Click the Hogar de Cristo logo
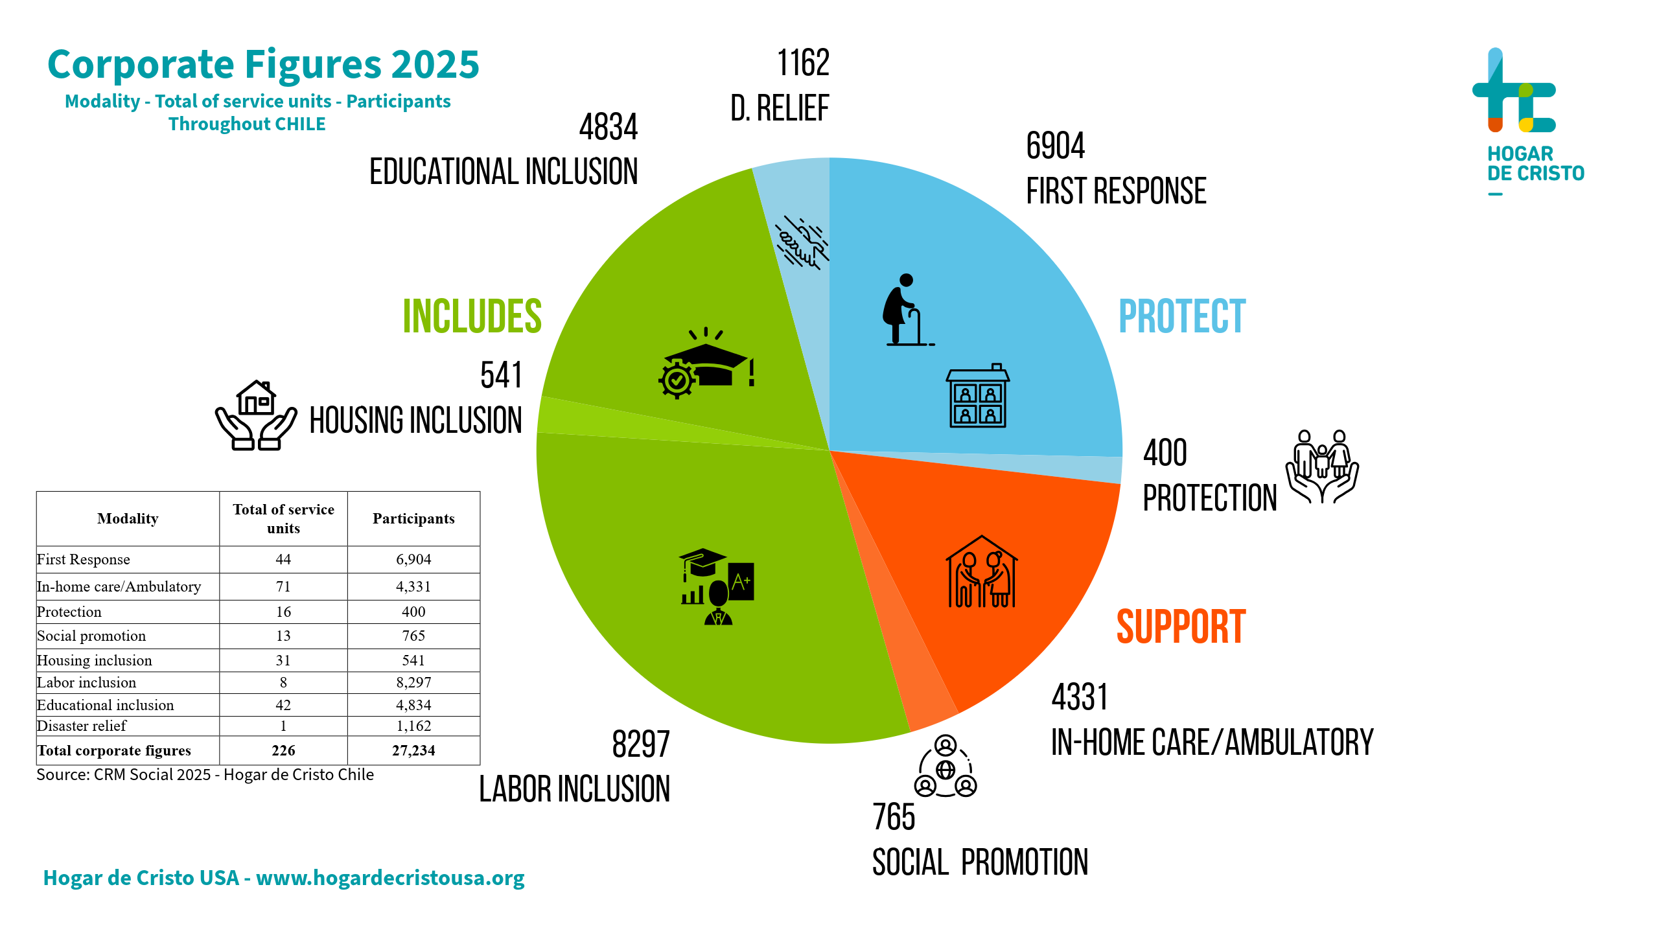pyautogui.click(x=1523, y=120)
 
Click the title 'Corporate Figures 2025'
pyautogui.click(x=263, y=65)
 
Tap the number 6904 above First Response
pyautogui.click(x=1055, y=146)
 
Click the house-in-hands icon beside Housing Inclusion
pyautogui.click(x=256, y=415)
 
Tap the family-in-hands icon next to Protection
pyautogui.click(x=1322, y=466)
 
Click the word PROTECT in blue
pyautogui.click(x=1182, y=317)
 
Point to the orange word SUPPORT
pyautogui.click(x=1181, y=627)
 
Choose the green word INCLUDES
pyautogui.click(x=472, y=317)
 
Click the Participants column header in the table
pyautogui.click(x=413, y=519)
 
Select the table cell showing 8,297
pyautogui.click(x=413, y=682)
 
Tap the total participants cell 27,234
pyautogui.click(x=413, y=750)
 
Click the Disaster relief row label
pyautogui.click(x=82, y=726)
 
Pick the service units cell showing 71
pyautogui.click(x=283, y=586)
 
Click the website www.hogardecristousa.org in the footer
pyautogui.click(x=390, y=878)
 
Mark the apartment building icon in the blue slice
pyautogui.click(x=977, y=396)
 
